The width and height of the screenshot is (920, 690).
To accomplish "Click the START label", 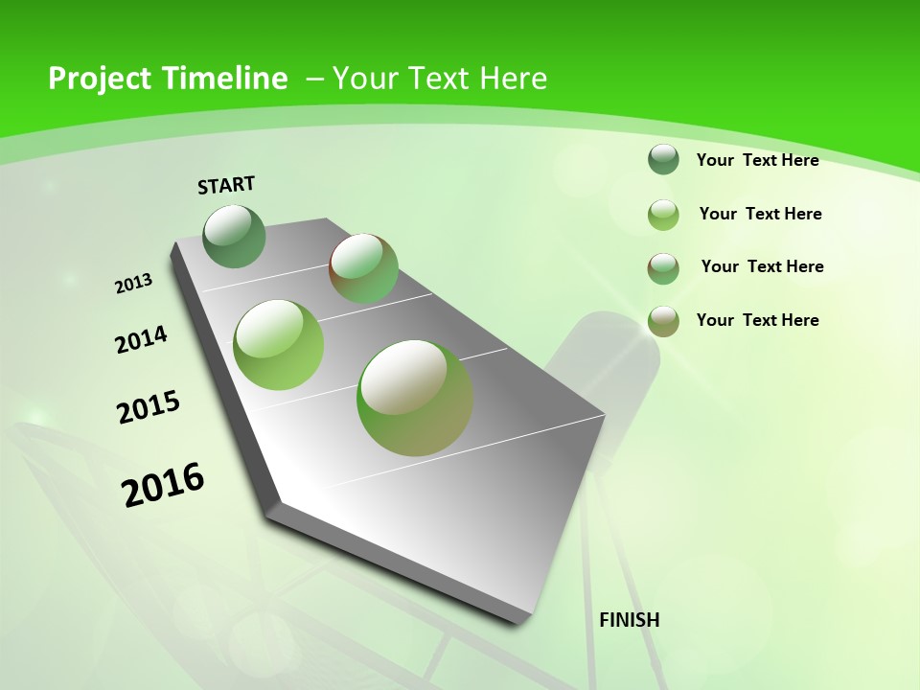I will (226, 185).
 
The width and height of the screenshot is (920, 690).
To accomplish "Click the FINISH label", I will (630, 620).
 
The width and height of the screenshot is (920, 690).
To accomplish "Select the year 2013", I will (134, 284).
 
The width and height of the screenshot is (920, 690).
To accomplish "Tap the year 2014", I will (141, 339).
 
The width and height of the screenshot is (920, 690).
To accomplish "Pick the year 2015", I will (149, 407).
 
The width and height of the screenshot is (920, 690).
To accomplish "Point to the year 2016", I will (163, 485).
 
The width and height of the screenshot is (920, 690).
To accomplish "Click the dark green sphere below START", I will (235, 236).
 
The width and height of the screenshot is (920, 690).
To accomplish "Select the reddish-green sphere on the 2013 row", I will (363, 268).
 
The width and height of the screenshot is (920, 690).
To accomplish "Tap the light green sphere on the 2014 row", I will (279, 345).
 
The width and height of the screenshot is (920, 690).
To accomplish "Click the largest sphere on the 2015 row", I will (415, 397).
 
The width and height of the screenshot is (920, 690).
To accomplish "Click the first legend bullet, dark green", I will (663, 159).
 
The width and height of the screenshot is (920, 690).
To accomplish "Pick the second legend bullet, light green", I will (663, 215).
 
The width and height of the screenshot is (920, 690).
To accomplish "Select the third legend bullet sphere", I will (663, 268).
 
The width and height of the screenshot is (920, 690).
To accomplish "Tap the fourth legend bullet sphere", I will (663, 321).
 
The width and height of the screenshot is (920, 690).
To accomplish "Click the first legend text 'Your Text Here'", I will (757, 160).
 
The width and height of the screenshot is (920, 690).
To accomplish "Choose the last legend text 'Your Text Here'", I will (757, 320).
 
